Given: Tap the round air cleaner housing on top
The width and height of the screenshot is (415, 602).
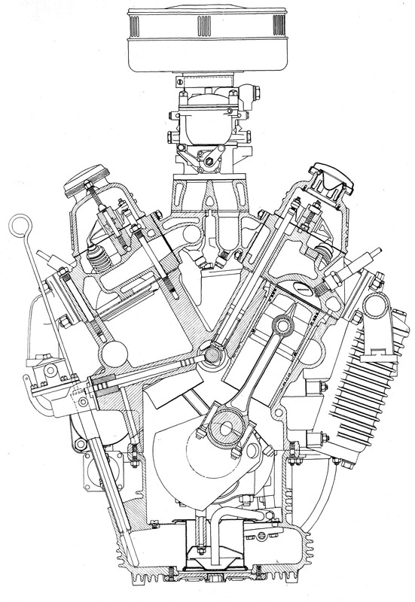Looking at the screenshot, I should click(206, 41).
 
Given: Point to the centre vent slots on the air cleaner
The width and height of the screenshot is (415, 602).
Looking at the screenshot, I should click(206, 27).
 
